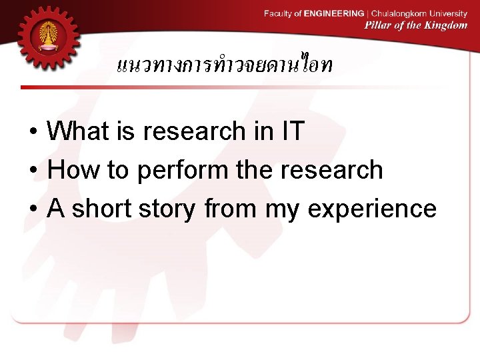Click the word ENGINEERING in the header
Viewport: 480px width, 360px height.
pos(334,13)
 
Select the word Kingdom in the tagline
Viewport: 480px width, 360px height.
pos(446,25)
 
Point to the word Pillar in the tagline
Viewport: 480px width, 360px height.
pos(378,25)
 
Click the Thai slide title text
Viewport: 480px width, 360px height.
pos(225,65)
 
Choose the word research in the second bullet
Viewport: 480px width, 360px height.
pos(331,170)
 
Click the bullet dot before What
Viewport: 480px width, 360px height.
pos(33,132)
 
